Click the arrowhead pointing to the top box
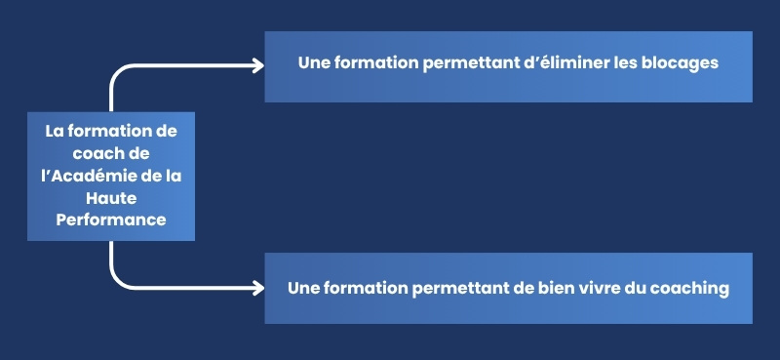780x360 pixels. [258, 65]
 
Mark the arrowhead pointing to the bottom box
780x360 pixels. [258, 288]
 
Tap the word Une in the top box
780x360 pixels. [314, 62]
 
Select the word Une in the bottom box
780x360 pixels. [304, 289]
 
